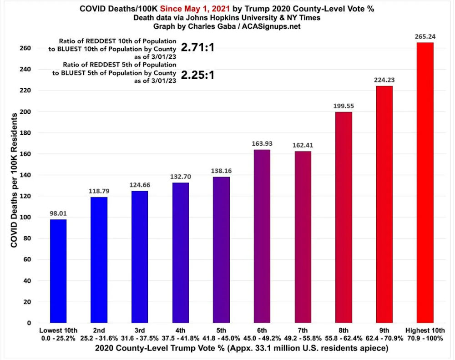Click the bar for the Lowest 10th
[58, 271]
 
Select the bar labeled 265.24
[425, 183]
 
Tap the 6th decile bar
[262, 236]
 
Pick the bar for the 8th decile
[344, 217]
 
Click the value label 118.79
[99, 191]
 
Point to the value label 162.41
[303, 145]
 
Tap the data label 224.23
[384, 80]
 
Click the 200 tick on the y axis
[25, 112]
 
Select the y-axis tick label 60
[27, 259]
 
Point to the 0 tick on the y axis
[29, 323]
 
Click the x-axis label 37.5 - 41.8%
[181, 338]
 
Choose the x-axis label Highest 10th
[425, 330]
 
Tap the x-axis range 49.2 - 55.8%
[303, 338]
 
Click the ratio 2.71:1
[197, 47]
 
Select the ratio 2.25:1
[197, 75]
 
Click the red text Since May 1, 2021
[195, 9]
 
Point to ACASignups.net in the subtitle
[271, 26]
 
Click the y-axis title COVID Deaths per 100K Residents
[14, 180]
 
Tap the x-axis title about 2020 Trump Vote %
[242, 348]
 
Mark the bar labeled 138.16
[221, 250]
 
